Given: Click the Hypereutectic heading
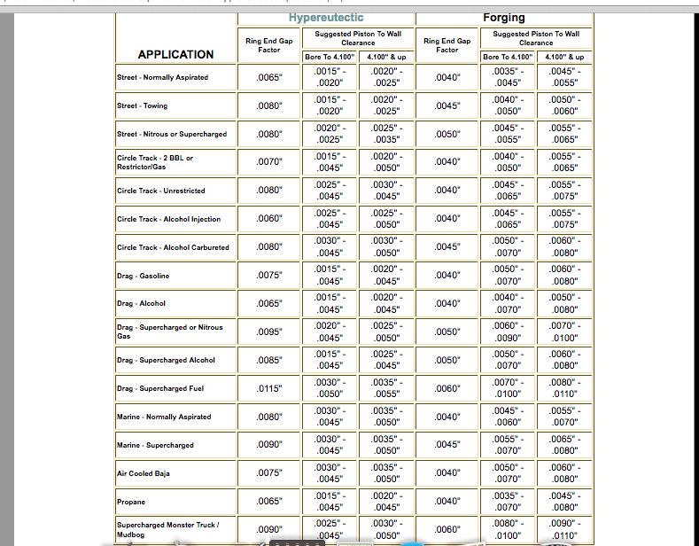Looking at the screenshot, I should point(326,18).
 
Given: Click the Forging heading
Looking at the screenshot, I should point(504,18).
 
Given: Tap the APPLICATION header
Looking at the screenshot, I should point(175,55).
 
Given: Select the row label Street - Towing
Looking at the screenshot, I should point(143,105).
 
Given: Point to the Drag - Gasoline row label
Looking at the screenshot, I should point(144,276).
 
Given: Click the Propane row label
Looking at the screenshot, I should point(131,502).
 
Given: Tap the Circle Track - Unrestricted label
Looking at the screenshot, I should point(161,191).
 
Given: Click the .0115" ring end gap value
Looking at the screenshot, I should point(269,388).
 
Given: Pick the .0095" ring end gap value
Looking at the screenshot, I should point(269,331).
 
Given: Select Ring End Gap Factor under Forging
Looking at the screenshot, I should point(447,45).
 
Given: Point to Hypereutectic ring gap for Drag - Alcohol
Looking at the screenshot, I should point(269,303).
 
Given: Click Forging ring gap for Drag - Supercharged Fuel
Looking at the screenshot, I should point(447,388).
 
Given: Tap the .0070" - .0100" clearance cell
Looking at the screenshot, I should point(508,388).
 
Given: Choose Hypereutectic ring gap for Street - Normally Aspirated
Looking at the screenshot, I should point(269,77).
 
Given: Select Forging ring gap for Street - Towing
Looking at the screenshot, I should point(447,105).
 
